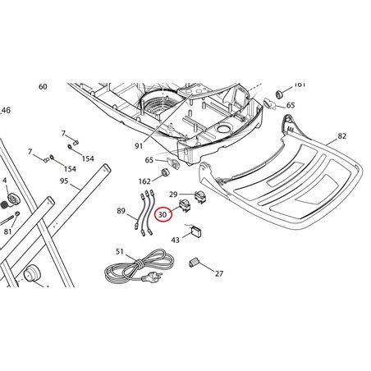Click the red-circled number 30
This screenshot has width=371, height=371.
point(163,215)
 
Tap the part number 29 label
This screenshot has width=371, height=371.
point(173,195)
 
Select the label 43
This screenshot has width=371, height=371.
point(175,240)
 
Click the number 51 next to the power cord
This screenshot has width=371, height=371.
point(120,251)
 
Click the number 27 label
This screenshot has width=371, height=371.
point(219,273)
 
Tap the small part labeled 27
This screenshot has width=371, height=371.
point(194,262)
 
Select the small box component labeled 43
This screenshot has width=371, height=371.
point(196,231)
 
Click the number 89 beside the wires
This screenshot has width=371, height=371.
point(121,211)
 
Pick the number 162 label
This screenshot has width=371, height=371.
point(144,181)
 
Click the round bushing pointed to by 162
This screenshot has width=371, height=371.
point(166,173)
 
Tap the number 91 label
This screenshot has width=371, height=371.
point(139,146)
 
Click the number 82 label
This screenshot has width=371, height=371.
point(341,136)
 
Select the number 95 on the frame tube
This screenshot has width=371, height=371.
point(64,181)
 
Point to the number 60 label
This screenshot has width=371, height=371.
point(43,87)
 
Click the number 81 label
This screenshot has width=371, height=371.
point(7,231)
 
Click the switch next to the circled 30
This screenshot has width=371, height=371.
point(184,205)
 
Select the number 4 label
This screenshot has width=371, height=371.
point(4,181)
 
